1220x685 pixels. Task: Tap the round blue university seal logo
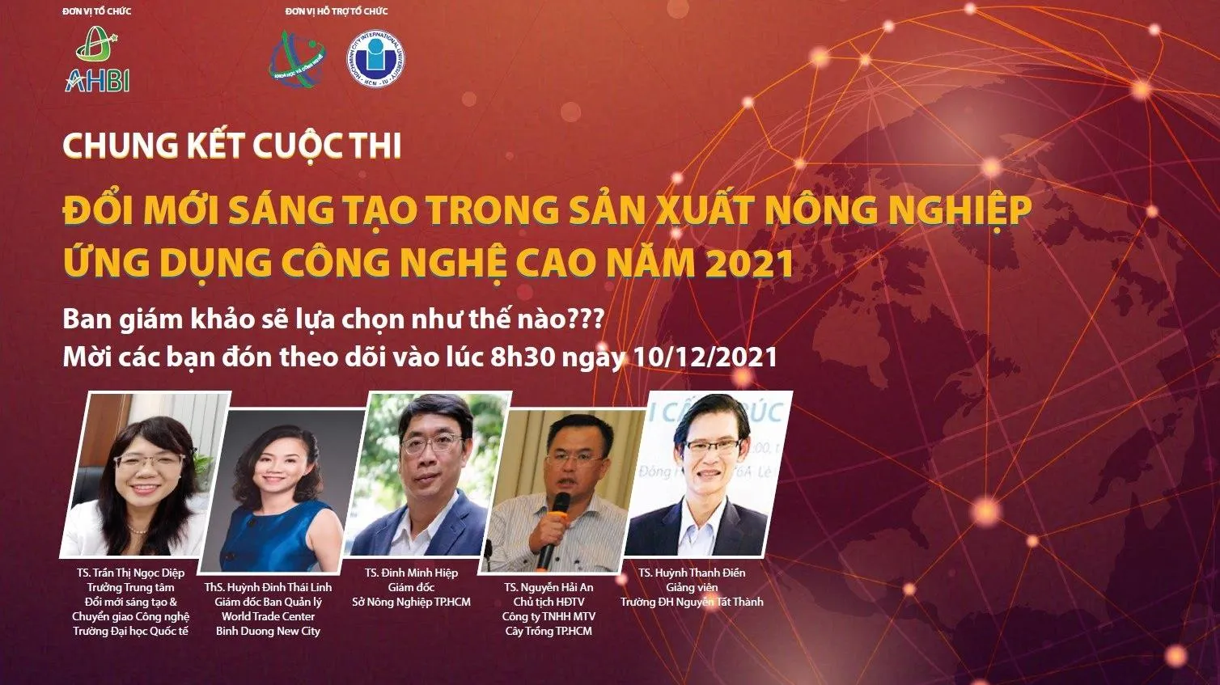pos(376,60)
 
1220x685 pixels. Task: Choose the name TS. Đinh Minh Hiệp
pos(411,573)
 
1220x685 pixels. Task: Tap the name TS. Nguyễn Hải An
pos(549,587)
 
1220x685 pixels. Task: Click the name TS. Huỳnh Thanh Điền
pos(692,573)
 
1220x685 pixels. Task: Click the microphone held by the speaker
pos(549,534)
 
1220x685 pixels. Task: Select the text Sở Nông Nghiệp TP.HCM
pos(411,602)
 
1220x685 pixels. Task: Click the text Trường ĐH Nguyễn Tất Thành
pos(692,602)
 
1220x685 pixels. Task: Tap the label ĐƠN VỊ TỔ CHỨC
pos(96,11)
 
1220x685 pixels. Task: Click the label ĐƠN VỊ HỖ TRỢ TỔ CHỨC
pos(337,11)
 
